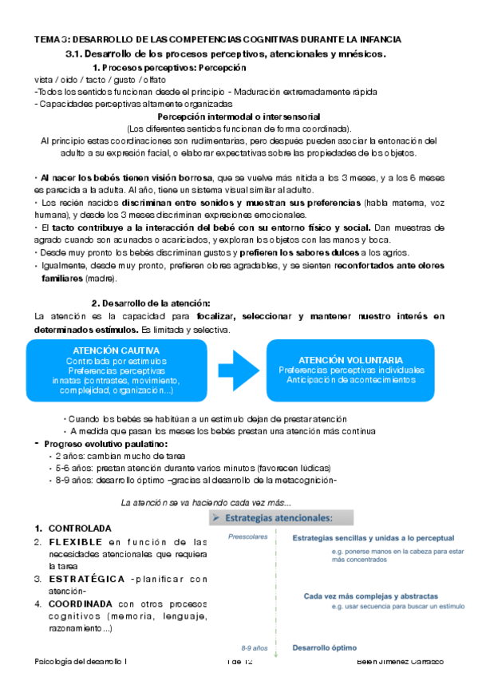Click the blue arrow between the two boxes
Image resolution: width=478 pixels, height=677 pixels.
point(239,368)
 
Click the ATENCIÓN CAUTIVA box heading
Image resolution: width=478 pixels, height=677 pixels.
point(116,350)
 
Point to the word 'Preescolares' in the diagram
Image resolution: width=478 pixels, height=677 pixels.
point(245,537)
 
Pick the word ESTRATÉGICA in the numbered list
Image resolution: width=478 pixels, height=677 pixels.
point(81,579)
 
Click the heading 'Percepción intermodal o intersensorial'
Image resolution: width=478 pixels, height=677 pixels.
point(239,117)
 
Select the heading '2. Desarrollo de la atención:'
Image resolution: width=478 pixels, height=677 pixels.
point(151,303)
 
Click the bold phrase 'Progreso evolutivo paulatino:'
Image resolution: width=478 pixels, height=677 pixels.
point(105,443)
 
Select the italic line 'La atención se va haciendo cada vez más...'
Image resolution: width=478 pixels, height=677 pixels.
point(206,503)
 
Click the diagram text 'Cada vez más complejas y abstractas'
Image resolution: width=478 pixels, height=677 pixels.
point(369,596)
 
